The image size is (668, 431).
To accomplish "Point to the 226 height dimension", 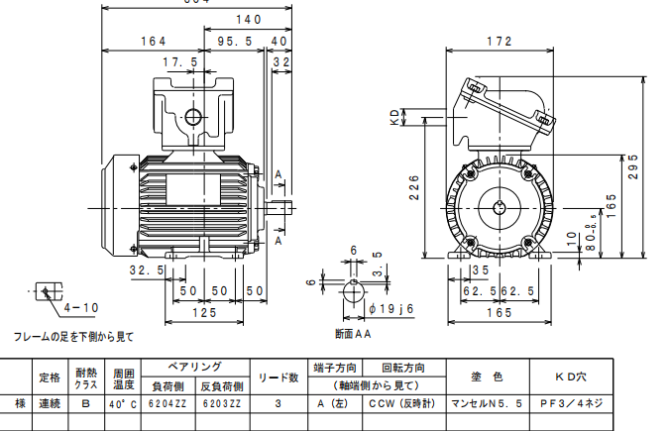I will [416, 187].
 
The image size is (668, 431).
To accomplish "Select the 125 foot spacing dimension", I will [203, 313].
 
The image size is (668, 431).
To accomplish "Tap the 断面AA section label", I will [353, 334].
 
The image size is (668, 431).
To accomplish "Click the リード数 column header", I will [279, 377].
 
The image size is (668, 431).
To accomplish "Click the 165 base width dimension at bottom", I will [500, 313].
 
